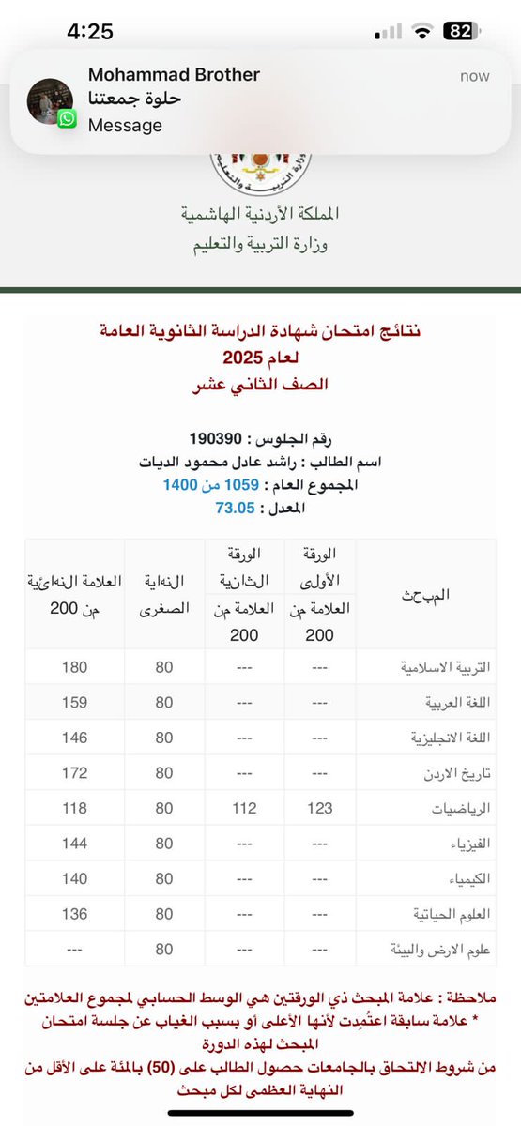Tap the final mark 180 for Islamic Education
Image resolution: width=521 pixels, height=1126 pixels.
point(73,667)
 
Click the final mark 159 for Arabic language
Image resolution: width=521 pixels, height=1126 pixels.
point(73,702)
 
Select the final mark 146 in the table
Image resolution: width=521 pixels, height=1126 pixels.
point(73,738)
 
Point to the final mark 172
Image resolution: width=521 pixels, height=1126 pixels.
point(73,773)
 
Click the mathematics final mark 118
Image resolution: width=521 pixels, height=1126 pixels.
point(73,808)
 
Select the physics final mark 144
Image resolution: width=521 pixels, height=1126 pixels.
point(73,844)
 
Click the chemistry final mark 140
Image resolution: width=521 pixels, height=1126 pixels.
point(73,879)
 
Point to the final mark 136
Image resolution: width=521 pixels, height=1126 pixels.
point(73,914)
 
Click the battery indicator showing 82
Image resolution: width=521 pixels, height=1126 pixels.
point(460,31)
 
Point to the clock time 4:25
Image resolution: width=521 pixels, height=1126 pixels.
point(90,31)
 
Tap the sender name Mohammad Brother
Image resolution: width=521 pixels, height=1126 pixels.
point(174,74)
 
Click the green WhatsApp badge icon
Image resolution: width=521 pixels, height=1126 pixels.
point(67,119)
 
